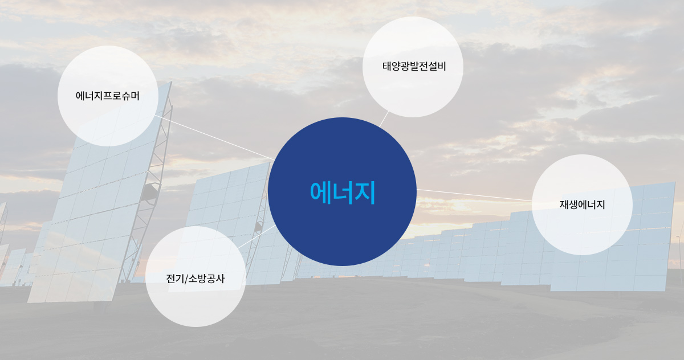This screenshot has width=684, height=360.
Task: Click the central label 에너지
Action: pos(343,193)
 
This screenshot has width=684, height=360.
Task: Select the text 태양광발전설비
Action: pos(414,66)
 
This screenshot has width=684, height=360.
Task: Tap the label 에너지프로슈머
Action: pos(108,96)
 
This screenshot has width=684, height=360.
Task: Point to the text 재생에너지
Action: pos(582,204)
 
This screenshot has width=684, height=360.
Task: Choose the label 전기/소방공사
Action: pos(196,279)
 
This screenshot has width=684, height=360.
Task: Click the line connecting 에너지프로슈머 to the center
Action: pos(214,137)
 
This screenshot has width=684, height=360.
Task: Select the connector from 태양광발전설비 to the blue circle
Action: pos(384,119)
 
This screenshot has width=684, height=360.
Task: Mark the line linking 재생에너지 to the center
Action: pos(474,195)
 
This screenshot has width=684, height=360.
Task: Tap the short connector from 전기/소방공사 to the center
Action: pos(257,237)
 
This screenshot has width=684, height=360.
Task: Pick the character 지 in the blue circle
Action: pos(365,193)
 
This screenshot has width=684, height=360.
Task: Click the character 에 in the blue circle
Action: pos(320,193)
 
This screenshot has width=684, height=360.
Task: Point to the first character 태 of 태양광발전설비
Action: pos(387,66)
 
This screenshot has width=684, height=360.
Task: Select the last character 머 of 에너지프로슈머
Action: pos(135,96)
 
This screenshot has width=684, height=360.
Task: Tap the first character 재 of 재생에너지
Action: pos(564,204)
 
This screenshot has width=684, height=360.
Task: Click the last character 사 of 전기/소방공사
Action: pos(220,279)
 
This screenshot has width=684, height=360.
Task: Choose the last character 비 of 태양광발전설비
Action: pos(442,66)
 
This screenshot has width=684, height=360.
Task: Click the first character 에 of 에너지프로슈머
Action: pos(80,96)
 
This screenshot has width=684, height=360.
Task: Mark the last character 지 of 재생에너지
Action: pos(601,204)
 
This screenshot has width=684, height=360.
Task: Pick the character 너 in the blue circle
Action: pos(343,193)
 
